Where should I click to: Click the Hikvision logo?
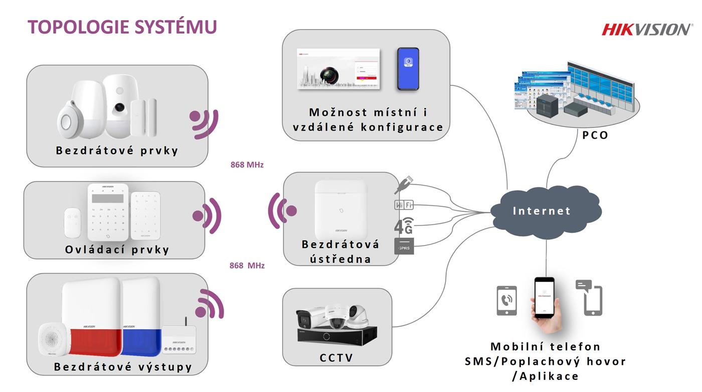point(646,29)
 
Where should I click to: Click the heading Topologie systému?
point(122,27)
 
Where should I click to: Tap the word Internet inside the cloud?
point(542,211)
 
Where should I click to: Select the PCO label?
point(595,135)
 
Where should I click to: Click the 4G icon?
point(404,226)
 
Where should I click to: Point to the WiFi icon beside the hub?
point(404,204)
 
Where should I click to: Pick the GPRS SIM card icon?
point(404,246)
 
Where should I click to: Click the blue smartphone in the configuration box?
point(408,69)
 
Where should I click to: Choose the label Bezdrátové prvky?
point(117,151)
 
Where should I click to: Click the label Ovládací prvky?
point(117,249)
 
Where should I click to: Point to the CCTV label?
point(336,358)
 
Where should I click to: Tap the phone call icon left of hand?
point(506,301)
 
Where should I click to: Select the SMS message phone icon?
point(589,298)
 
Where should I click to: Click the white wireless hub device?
point(341,209)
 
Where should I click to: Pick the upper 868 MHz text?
point(247,165)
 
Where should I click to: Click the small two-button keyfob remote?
point(73,222)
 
